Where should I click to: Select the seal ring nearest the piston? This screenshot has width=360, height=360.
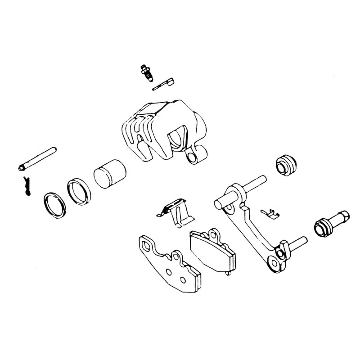(79, 191)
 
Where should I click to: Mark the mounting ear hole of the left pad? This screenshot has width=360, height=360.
(147, 245)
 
